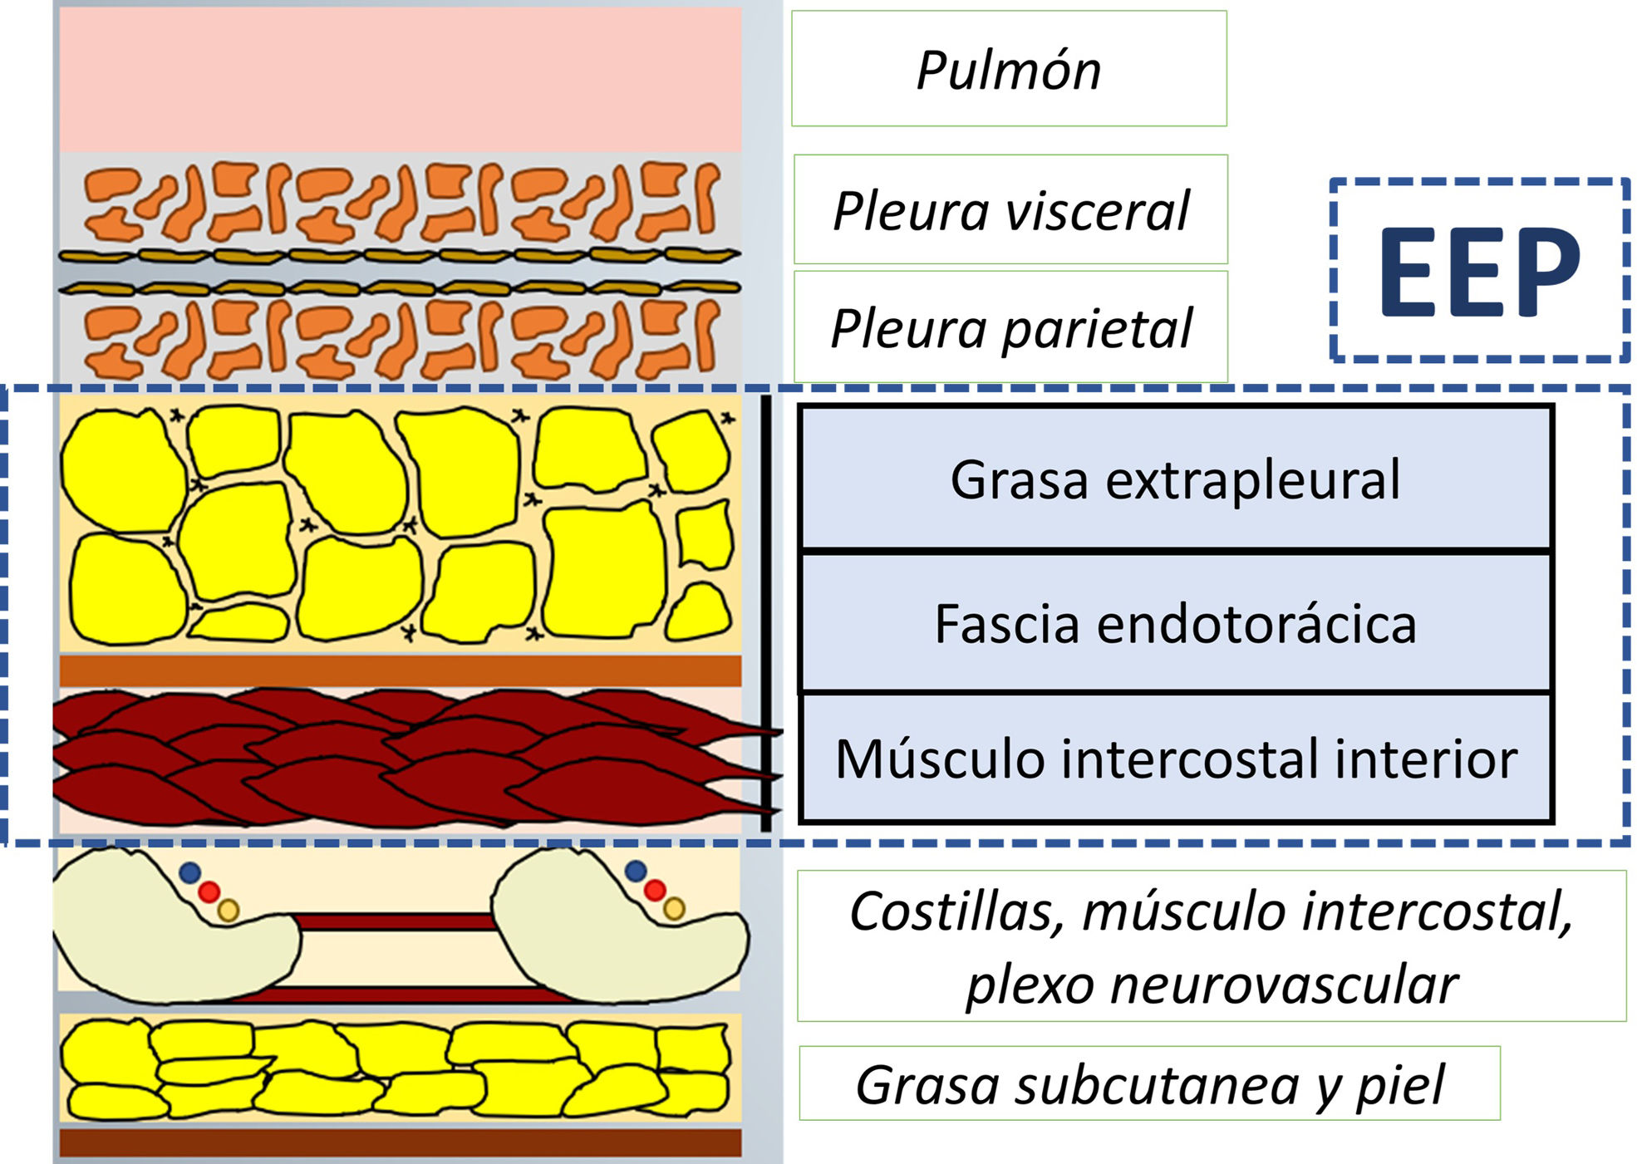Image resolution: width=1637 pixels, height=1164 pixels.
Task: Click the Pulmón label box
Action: tap(1009, 69)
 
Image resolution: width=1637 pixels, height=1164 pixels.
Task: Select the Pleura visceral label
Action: tap(1010, 210)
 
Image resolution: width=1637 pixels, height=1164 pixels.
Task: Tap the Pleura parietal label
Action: tap(1010, 327)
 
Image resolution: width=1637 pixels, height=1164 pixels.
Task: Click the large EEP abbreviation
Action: tap(1479, 271)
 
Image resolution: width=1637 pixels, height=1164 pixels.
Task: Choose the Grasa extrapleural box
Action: tap(1175, 479)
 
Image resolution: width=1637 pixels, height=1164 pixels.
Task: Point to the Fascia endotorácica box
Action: tap(1175, 623)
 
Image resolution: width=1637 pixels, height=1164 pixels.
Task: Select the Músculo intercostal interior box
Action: tap(1175, 759)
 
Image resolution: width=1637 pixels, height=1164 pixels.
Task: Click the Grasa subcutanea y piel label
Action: tap(1149, 1084)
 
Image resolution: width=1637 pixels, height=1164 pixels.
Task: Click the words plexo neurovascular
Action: tap(1211, 985)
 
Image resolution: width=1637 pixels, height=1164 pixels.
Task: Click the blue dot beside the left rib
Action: tap(190, 872)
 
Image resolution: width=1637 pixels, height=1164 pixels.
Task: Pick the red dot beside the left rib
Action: tap(209, 891)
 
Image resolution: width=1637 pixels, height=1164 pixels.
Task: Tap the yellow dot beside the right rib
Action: tap(675, 909)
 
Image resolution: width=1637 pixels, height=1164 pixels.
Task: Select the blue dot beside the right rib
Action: tap(636, 871)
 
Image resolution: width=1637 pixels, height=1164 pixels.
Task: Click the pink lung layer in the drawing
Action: tap(400, 80)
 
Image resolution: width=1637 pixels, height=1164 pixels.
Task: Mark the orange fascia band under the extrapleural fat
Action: tap(400, 670)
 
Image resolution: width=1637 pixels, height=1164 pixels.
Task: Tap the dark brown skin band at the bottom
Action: tap(400, 1142)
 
